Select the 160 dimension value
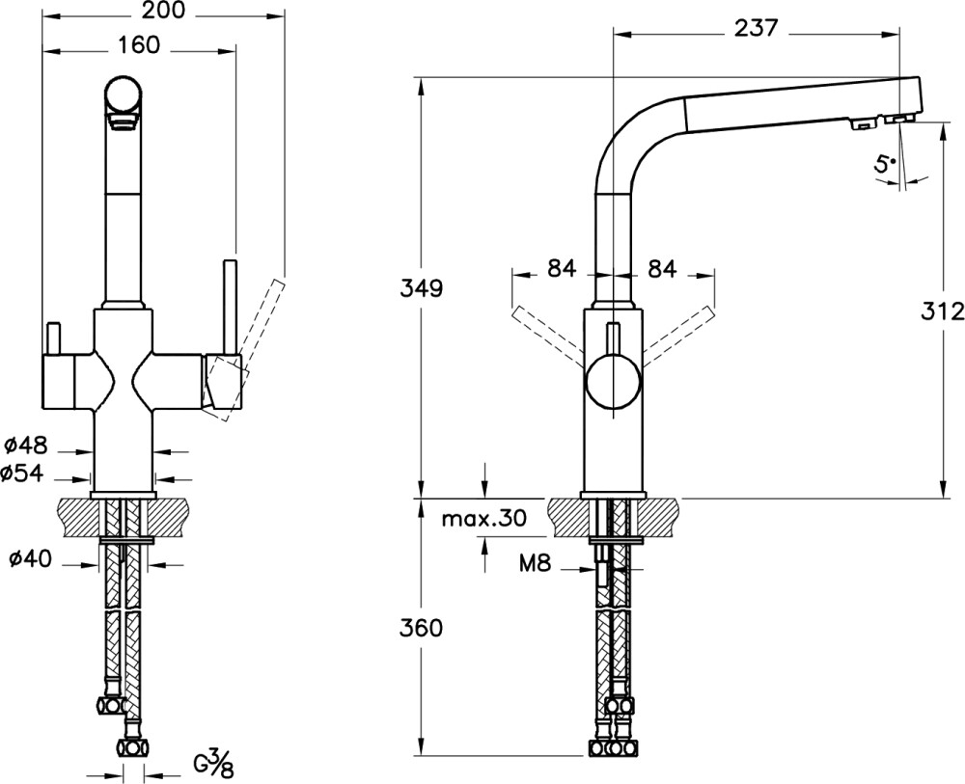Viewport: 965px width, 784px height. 140,45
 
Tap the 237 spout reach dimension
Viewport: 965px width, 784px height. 756,28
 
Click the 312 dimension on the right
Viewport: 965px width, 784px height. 942,311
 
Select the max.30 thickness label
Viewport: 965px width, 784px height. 483,519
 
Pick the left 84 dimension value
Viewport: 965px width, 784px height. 561,270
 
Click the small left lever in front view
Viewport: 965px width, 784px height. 53,339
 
